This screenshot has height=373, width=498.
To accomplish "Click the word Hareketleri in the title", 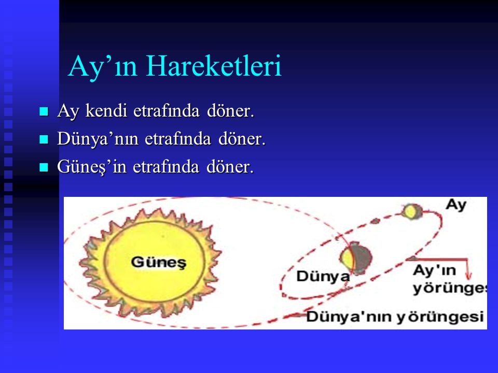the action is pos(214,66).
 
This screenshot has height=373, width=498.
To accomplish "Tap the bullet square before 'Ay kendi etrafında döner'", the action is pos(44,111).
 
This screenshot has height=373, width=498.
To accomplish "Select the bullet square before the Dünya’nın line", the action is pos(44,139).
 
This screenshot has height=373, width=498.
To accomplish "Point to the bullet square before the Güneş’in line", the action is pos(44,167).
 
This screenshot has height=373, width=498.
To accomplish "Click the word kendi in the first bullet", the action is pos(106,111).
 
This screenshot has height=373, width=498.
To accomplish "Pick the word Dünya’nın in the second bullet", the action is pos(98,139).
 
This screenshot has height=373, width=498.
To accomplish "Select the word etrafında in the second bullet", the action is pos(178,139).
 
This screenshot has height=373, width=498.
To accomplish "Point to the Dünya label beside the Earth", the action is pos(323,276).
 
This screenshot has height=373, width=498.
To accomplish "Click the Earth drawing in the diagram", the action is pos(356,257).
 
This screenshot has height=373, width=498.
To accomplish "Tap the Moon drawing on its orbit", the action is pos(411,211).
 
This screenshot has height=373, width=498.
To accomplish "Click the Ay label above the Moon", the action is pos(456,205).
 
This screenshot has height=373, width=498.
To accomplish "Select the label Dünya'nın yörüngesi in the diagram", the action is pos(395,317).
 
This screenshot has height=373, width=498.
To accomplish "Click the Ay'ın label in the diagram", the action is pos(435,271).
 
